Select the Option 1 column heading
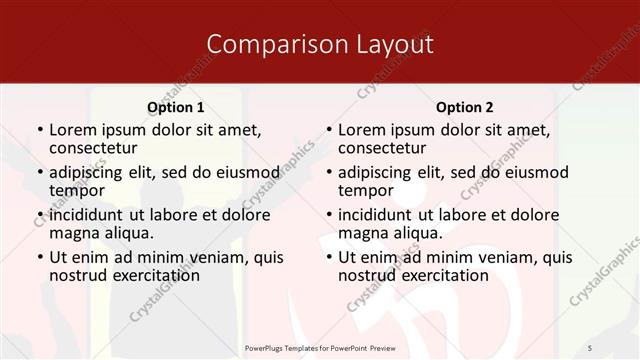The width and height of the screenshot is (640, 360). pos(176,107)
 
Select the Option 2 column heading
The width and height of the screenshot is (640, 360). pos(465,107)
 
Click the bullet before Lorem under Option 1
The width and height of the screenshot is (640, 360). pos(39,130)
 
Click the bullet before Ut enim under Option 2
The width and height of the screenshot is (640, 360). pos(328,257)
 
